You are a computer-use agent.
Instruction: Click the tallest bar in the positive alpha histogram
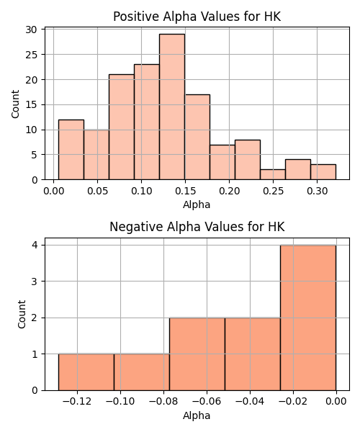click(172, 107)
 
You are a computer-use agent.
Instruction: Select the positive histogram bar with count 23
click(147, 122)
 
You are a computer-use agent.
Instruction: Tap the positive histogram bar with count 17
click(197, 137)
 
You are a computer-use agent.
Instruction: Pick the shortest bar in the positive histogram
click(273, 175)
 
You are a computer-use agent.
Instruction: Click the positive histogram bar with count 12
click(71, 150)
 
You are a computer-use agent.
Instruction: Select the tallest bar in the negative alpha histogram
click(308, 318)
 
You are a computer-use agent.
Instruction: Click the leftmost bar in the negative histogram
click(86, 372)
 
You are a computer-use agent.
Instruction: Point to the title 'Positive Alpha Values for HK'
click(197, 17)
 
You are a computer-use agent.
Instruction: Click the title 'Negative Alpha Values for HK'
click(197, 227)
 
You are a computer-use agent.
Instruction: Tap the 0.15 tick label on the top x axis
click(185, 191)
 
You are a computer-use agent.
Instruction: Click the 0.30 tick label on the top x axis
click(317, 191)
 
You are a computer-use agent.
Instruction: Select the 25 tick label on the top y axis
click(32, 55)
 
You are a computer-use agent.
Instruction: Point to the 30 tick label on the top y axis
click(32, 30)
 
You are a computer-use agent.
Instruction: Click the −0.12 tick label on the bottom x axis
click(77, 402)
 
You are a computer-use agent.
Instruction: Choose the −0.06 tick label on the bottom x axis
click(207, 402)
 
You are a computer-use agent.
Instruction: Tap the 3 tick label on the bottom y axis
click(35, 282)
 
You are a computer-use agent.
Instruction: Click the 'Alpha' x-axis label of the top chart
click(197, 204)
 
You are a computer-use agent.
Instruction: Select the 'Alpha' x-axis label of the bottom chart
click(197, 415)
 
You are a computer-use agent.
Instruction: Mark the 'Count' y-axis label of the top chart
click(15, 104)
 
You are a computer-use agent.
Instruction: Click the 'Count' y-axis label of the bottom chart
click(22, 315)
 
